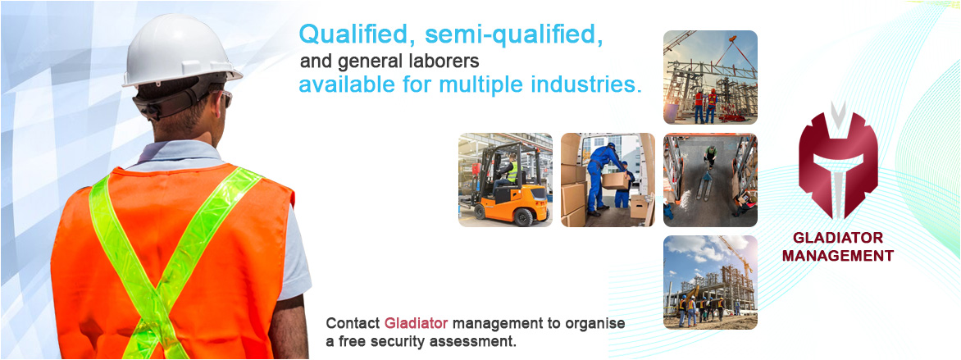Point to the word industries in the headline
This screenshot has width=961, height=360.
[576, 84]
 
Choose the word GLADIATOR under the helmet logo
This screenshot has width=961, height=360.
[838, 238]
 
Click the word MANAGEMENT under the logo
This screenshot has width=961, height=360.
[838, 256]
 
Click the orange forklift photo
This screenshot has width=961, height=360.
[505, 180]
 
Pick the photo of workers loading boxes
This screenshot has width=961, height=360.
[608, 180]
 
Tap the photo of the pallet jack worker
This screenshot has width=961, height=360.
[710, 180]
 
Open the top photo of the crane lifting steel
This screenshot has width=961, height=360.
[710, 77]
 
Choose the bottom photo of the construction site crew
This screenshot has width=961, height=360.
[710, 282]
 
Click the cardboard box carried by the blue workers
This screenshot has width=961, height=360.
[615, 180]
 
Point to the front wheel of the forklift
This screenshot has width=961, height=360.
[523, 216]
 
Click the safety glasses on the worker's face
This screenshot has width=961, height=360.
[225, 98]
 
